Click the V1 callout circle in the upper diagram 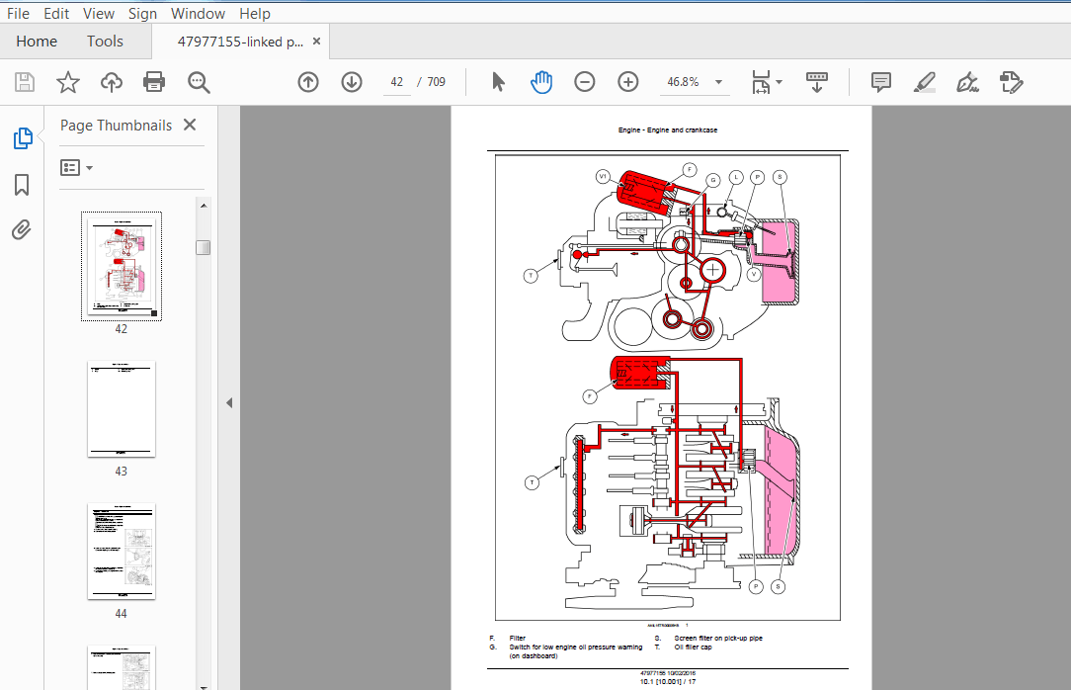603,177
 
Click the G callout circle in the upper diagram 713,180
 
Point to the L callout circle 736,177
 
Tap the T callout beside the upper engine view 531,276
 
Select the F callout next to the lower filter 590,396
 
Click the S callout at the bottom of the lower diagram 779,586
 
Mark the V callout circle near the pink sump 754,276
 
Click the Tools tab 105,42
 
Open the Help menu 255,13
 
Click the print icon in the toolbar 154,82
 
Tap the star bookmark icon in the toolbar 67,82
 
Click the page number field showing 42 397,82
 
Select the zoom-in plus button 628,82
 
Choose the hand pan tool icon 541,82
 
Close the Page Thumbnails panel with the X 190,126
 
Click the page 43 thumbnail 122,409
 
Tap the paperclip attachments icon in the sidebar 22,230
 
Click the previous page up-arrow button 308,82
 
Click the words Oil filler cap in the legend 693,647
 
